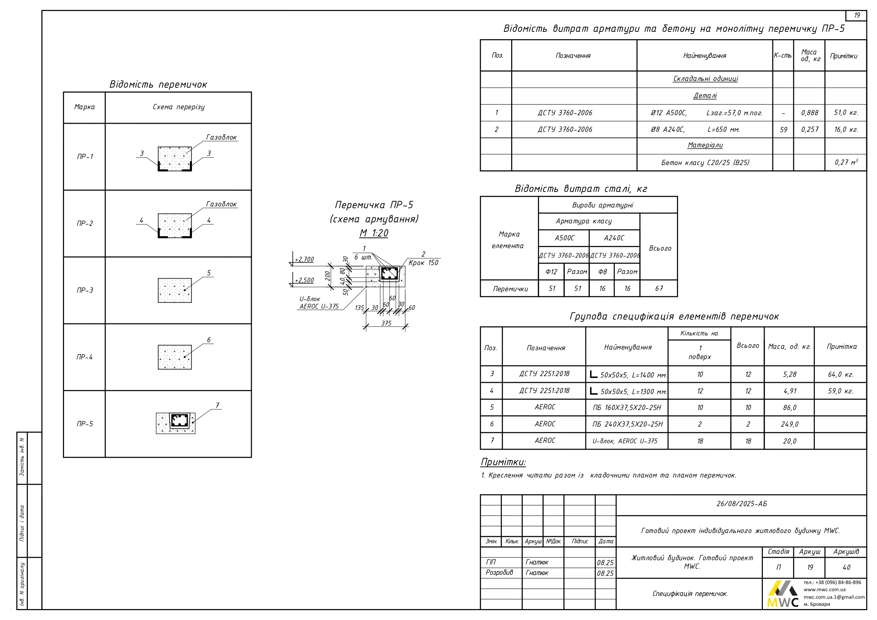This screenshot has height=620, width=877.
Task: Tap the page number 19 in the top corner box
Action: pos(857,15)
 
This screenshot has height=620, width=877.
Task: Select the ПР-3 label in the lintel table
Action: pos(84,290)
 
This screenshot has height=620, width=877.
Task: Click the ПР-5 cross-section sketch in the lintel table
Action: pos(176,423)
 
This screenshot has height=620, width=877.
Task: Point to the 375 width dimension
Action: pos(386,323)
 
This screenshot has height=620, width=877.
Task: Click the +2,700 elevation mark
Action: pos(304,259)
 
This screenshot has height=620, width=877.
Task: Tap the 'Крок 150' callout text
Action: pos(423,263)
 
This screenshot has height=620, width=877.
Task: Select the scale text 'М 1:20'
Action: pos(374,233)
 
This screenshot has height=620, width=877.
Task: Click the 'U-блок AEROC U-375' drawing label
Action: pos(318,303)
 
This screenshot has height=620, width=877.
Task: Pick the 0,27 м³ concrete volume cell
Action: pos(846,162)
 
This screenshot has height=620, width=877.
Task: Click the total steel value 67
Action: pos(659,288)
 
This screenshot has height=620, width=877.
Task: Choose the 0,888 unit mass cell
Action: pos(809,113)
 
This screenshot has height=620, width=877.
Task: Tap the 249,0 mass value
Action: pos(790,424)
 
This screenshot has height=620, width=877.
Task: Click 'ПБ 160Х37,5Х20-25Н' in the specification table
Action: pos(627,408)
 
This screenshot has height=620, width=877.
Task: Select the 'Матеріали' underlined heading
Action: pos(705,145)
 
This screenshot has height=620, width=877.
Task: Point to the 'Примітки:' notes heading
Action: pos(503,462)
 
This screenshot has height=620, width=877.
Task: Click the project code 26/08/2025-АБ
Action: pos(741,504)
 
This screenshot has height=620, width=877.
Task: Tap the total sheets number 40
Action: pos(846,567)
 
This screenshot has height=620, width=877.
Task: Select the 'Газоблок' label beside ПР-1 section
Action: pos(221,137)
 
